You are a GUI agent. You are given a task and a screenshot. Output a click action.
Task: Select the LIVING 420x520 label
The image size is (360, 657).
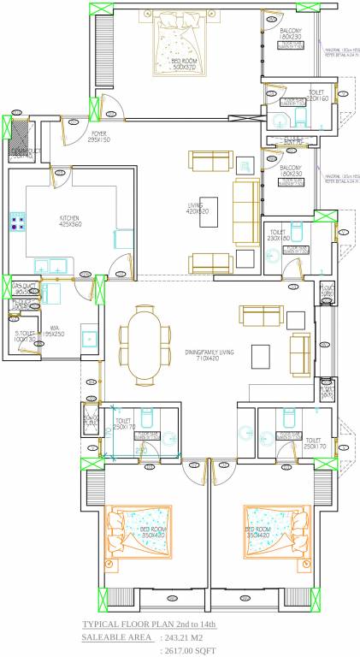(196, 209)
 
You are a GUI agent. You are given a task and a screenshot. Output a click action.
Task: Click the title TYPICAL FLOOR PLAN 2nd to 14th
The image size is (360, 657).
(149, 625)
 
